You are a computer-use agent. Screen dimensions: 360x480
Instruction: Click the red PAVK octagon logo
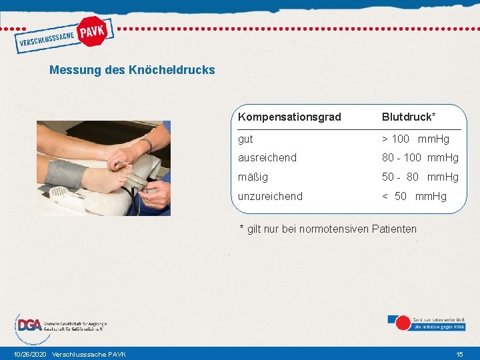93,31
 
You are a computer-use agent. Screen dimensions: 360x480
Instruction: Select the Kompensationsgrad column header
289,117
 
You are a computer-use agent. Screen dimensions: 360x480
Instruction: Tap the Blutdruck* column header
409,117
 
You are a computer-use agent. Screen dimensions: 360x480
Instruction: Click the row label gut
245,139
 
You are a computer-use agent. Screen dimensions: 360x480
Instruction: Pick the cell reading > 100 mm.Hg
415,139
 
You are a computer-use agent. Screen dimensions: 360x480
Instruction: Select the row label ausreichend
267,158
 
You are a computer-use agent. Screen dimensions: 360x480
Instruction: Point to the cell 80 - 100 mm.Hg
420,158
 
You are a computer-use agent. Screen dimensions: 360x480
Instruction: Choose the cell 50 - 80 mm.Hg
420,177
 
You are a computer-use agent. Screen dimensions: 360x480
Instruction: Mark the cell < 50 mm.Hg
414,196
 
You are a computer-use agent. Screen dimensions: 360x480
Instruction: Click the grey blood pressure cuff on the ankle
65,173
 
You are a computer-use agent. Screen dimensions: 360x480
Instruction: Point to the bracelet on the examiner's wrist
147,145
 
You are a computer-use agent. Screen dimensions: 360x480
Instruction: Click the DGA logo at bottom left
29,325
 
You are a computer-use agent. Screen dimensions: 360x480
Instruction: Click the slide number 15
459,354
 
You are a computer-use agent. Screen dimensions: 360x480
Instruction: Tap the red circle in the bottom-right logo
403,323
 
